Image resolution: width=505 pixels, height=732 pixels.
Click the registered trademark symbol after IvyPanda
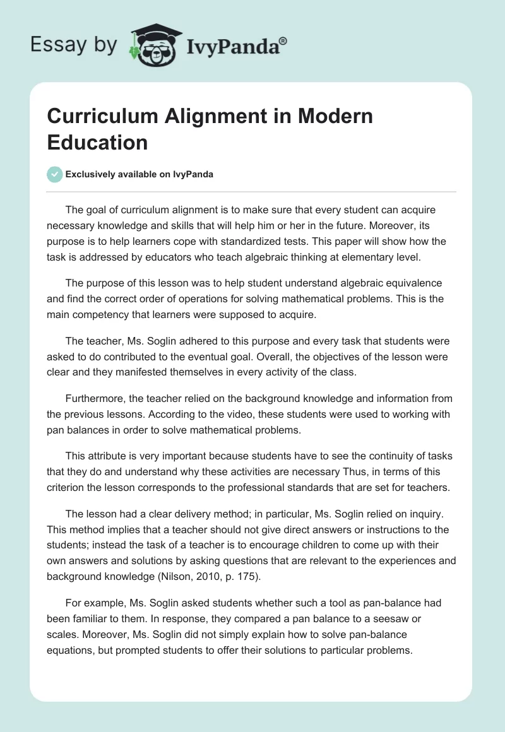(x=283, y=41)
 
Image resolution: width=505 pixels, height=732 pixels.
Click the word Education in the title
(x=97, y=143)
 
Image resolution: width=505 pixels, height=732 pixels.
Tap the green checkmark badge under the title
(x=55, y=175)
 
